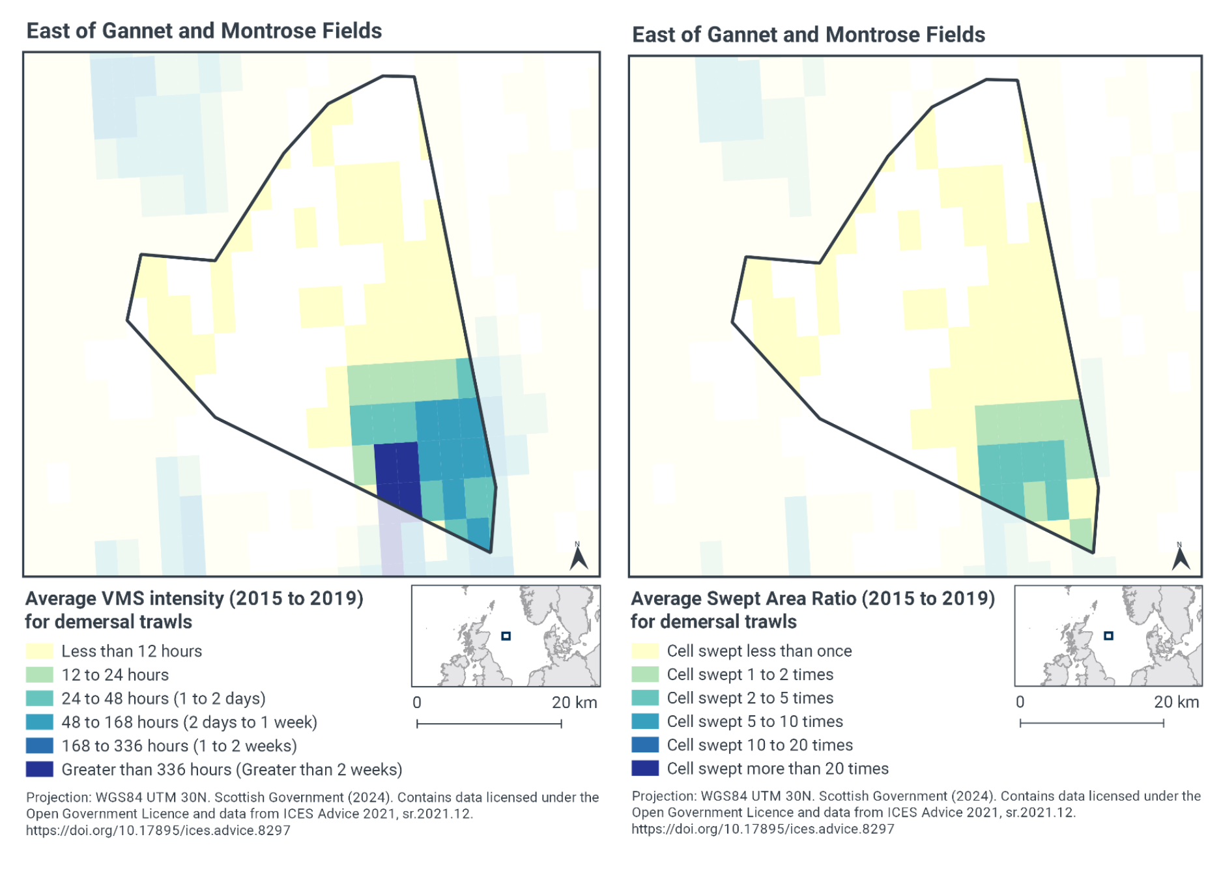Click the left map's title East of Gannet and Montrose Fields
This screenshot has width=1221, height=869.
[204, 31]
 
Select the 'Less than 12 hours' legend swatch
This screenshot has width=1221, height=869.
[39, 651]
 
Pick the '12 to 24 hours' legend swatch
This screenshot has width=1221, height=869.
[39, 674]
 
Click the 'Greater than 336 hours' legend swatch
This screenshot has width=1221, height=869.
[39, 769]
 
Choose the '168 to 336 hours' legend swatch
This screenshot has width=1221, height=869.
[39, 745]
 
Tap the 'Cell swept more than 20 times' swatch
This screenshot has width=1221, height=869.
[645, 769]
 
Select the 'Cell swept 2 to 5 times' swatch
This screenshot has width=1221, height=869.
[645, 698]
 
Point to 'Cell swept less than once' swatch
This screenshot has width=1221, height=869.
[645, 651]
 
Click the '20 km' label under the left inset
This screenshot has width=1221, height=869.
[574, 702]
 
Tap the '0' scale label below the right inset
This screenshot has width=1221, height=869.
[1020, 702]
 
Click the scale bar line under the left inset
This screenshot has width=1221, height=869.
[489, 724]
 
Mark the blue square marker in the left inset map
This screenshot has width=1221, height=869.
[506, 636]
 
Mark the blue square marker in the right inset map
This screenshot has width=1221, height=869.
[1108, 636]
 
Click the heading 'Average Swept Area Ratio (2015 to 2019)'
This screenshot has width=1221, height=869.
[812, 598]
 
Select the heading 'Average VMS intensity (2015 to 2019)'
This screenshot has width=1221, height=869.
[194, 598]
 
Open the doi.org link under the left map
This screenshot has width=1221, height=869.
[158, 830]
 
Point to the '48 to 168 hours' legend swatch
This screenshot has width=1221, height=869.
[39, 722]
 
